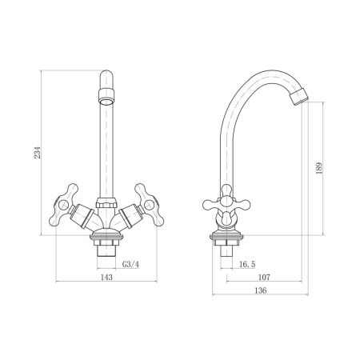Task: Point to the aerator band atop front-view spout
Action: (x=106, y=101)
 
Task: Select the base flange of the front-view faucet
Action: (x=106, y=237)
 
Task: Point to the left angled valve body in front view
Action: (x=84, y=216)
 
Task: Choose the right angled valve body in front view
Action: (x=128, y=216)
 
